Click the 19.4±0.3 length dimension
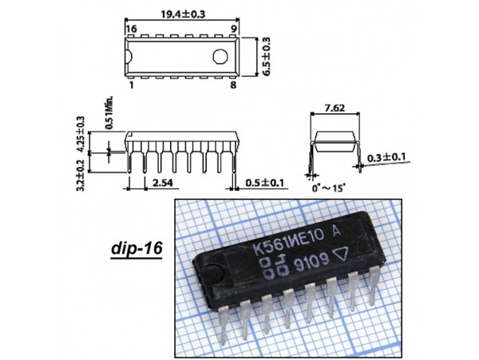tap(183, 14)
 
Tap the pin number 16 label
tap(132, 29)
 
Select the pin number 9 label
tap(233, 29)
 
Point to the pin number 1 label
tap(132, 85)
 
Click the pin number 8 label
tap(233, 85)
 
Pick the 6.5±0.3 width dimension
tap(267, 57)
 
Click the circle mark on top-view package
tap(220, 57)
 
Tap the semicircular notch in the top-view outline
tap(129, 57)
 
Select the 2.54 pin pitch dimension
tap(163, 183)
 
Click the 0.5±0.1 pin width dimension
tap(264, 183)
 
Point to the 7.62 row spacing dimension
tap(335, 108)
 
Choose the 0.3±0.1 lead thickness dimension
tap(386, 157)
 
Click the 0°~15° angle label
tap(328, 188)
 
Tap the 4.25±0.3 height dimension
tap(81, 134)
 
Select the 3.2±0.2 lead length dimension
tap(81, 176)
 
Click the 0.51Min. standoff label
tap(109, 113)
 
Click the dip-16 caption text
tap(137, 248)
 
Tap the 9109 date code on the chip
tap(311, 262)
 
